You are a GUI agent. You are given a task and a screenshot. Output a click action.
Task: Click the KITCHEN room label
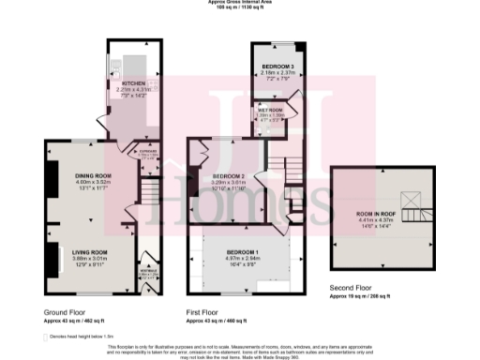pyautogui.click(x=131, y=82)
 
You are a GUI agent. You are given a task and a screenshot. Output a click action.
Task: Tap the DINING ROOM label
pyautogui.click(x=93, y=175)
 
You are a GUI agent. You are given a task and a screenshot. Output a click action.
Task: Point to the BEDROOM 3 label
pyautogui.click(x=271, y=67)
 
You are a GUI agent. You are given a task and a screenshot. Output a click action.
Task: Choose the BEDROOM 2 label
pyautogui.click(x=228, y=176)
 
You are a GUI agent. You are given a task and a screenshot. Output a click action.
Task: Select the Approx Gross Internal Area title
pyautogui.click(x=240, y=3)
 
